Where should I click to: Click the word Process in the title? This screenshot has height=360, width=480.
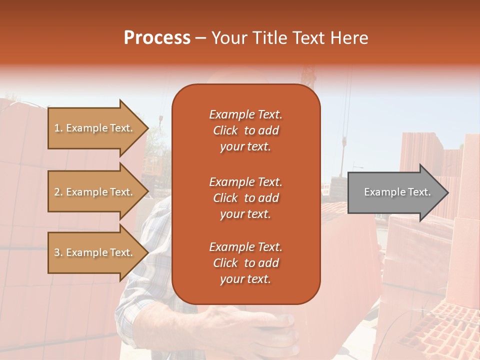point(157,38)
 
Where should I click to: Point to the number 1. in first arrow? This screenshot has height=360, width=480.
point(58,128)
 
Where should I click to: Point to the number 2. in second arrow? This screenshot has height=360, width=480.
point(58,192)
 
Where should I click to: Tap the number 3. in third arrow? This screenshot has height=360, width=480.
point(58,252)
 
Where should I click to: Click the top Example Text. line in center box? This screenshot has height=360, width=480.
point(245,114)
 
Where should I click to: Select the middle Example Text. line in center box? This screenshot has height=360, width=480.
point(245,181)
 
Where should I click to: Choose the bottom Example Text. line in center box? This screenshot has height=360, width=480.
point(245,247)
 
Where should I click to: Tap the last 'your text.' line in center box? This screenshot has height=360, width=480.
point(245,279)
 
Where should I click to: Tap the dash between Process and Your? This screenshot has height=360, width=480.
point(200,38)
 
